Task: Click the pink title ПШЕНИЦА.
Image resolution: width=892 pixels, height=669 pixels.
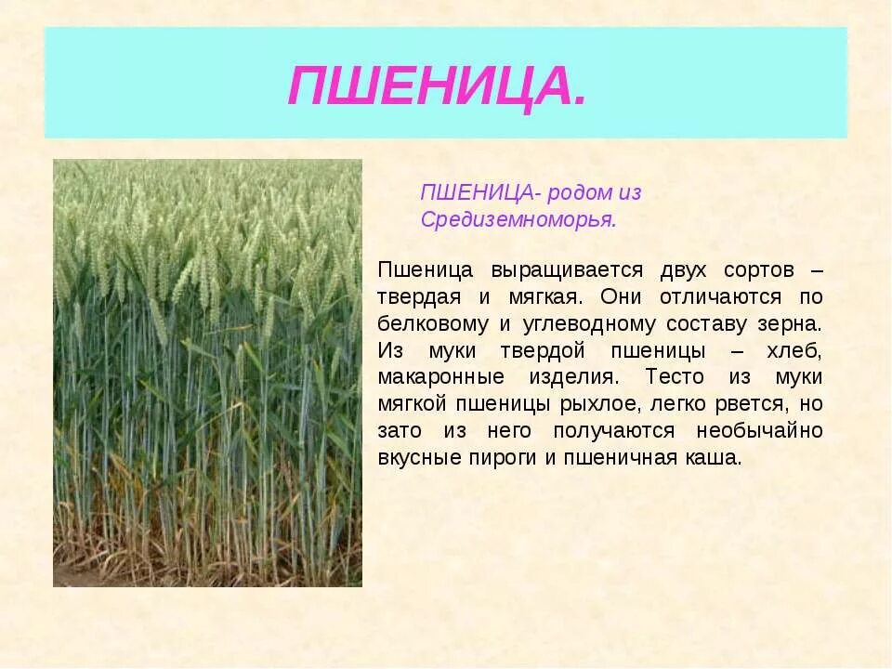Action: pos(437,86)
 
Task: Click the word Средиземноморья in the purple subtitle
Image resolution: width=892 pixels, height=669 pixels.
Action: pos(518,220)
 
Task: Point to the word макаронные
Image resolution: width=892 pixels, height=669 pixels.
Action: pos(441,377)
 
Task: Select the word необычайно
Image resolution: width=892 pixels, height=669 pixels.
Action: pos(755,431)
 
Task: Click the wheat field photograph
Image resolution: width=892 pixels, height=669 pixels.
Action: pos(207,373)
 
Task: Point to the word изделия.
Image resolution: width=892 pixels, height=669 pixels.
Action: pos(571,377)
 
